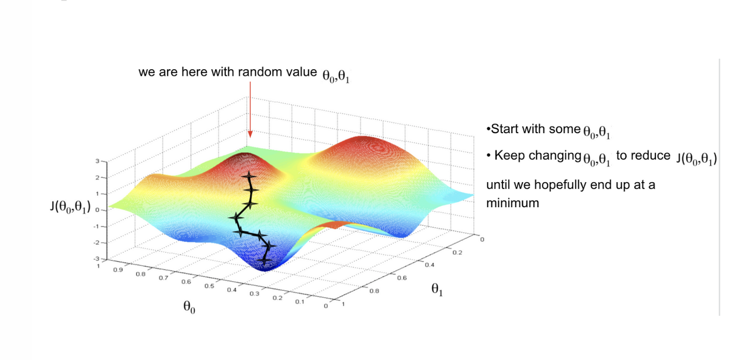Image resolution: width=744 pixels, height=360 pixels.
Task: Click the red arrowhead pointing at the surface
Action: click(250, 134)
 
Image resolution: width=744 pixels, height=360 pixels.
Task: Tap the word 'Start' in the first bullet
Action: click(504, 129)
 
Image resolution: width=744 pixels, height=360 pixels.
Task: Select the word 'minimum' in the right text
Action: click(512, 203)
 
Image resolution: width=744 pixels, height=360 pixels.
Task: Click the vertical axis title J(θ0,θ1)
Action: click(70, 206)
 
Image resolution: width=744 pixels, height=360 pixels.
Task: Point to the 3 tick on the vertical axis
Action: click(97, 161)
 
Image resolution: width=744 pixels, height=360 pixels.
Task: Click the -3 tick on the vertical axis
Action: click(96, 259)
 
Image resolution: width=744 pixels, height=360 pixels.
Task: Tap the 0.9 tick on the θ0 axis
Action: click(118, 270)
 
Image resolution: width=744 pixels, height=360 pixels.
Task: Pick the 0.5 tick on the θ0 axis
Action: click(209, 286)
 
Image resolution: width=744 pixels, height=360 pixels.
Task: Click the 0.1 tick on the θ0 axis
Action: click(299, 302)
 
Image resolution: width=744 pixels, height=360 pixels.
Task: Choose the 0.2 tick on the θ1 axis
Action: click(457, 253)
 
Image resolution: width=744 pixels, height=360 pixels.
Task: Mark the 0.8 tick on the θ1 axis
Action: click(374, 291)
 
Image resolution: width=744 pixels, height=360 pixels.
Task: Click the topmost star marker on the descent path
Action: click(249, 176)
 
